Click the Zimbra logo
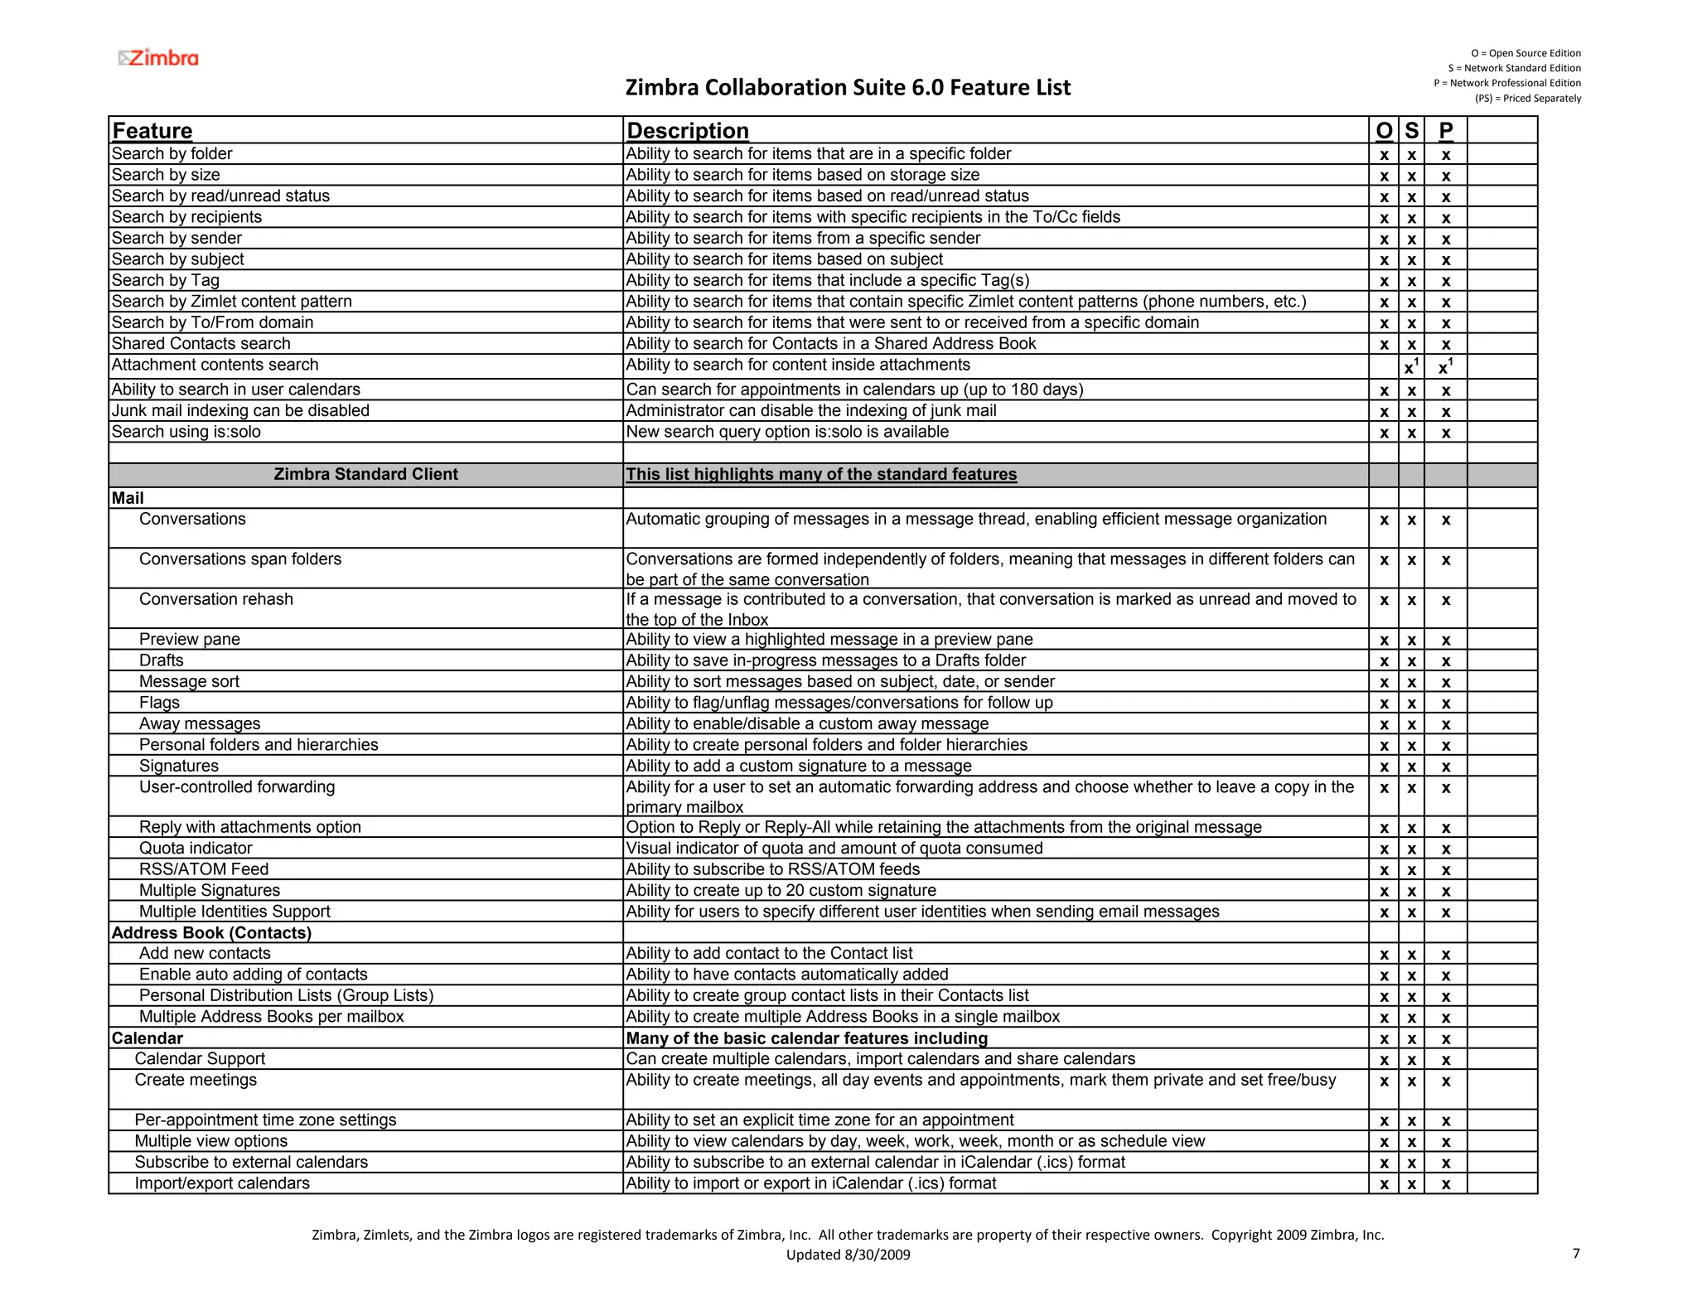point(158,58)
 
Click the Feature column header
point(152,131)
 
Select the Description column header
point(687,131)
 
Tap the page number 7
point(1575,1253)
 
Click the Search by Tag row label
point(165,280)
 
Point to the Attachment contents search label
point(215,365)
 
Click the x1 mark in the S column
point(1411,366)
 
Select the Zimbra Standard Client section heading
point(365,474)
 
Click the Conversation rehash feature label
point(215,599)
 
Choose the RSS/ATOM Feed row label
point(203,869)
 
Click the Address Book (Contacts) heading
point(211,932)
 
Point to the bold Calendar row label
point(147,1038)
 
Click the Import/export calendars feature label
point(222,1183)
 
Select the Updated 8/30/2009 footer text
point(848,1255)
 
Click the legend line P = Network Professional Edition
point(1506,83)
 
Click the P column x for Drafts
point(1445,662)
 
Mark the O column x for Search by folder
point(1383,155)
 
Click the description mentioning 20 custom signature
point(781,890)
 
